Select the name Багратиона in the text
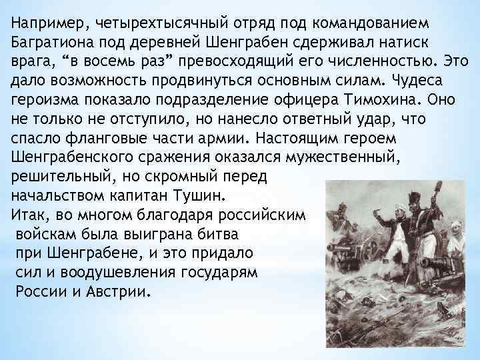(x=53, y=42)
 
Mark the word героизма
(x=45, y=100)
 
